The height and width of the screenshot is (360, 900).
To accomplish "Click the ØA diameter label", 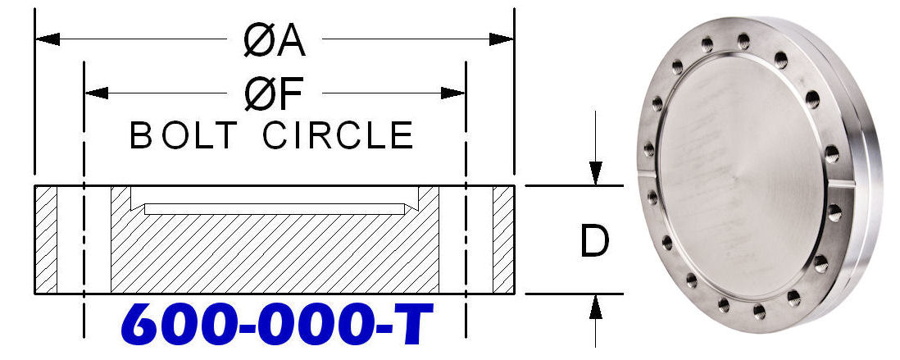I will [274, 40].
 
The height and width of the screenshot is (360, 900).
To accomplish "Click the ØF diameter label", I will [274, 93].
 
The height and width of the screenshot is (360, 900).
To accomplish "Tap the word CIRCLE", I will [339, 136].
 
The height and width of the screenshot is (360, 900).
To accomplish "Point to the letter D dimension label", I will [594, 241].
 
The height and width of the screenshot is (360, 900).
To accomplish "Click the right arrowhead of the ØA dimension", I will [501, 39].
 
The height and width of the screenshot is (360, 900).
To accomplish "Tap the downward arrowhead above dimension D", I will [596, 173].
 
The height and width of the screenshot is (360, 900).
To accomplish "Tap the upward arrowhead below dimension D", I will [596, 307].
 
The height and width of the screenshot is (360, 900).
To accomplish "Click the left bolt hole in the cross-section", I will [84, 239].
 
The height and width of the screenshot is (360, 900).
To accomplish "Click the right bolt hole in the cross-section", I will [466, 239].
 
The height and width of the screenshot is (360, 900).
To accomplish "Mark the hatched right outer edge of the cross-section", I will [503, 239].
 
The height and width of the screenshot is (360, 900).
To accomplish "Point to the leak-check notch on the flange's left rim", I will [645, 175].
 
